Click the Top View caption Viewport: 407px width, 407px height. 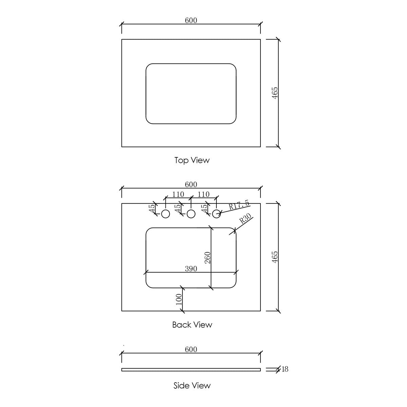(192, 160)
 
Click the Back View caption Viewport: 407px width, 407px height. (192, 325)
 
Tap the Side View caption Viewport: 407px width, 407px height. (192, 385)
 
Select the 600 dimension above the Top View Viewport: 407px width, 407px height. (191, 20)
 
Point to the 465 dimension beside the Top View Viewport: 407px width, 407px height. (275, 93)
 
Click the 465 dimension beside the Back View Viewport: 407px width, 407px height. (275, 257)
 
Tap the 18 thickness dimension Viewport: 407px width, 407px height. (285, 369)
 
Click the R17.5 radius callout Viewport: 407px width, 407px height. (239, 205)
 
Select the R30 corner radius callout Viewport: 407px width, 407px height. (245, 219)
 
